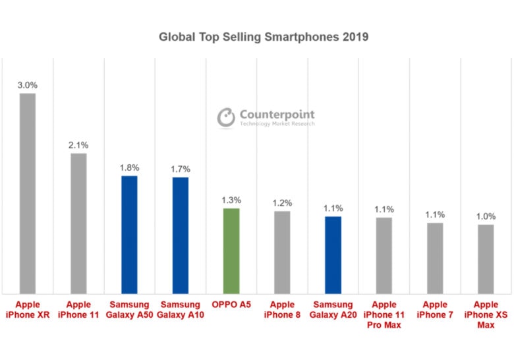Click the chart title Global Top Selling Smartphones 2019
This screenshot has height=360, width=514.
tap(264, 37)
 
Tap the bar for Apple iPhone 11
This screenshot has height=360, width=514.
tap(78, 224)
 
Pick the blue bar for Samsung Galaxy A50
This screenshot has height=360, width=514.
tap(129, 235)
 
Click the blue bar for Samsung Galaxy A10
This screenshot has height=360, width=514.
tap(180, 235)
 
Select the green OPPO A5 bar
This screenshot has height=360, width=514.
tap(231, 251)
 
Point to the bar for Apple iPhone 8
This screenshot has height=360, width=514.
tap(282, 253)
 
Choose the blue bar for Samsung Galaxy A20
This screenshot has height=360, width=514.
tap(333, 255)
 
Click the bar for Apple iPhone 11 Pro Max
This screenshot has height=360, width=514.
tap(384, 256)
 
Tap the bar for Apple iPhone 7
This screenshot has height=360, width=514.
tap(435, 258)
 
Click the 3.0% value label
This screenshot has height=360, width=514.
tap(28, 84)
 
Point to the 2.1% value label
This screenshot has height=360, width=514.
tap(78, 144)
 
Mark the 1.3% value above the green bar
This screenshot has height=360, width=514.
tap(231, 200)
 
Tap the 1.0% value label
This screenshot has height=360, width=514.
tap(486, 216)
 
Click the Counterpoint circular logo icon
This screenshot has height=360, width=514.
tap(227, 117)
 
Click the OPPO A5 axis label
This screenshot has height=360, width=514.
tap(231, 305)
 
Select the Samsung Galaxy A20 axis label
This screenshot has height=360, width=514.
tap(333, 310)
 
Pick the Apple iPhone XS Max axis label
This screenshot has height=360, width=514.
tap(486, 315)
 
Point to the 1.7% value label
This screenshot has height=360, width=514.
tap(180, 169)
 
